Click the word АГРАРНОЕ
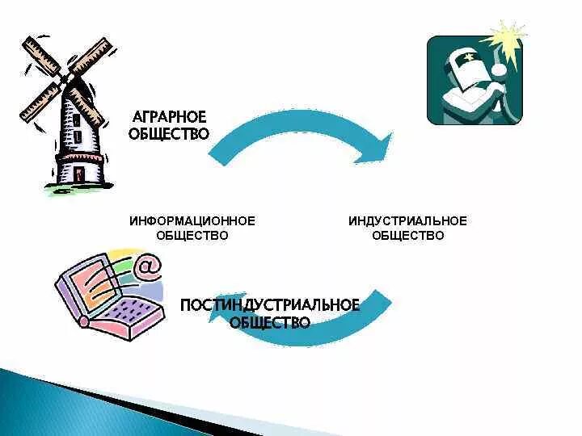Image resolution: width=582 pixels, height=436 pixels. click(169, 116)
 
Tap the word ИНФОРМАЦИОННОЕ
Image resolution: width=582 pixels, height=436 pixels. click(192, 220)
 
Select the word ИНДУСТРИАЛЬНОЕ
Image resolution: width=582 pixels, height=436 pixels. click(407, 220)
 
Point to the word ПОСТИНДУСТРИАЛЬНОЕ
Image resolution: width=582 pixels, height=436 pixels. click(270, 305)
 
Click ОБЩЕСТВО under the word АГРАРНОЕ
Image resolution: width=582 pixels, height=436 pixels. click(169, 133)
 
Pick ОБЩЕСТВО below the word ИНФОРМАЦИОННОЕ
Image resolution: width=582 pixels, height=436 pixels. click(192, 236)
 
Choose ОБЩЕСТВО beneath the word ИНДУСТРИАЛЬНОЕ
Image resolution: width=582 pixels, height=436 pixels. click(407, 236)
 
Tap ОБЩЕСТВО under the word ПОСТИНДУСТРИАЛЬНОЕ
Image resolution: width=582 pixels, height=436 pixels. click(270, 322)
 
